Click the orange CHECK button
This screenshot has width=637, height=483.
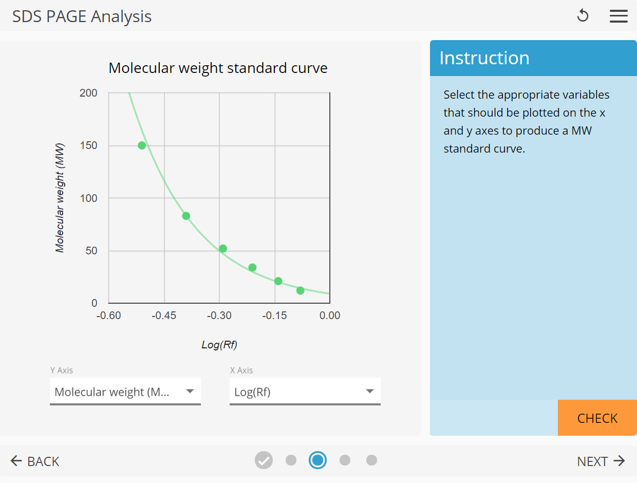coord(597,418)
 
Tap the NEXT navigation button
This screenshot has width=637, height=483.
coord(601,461)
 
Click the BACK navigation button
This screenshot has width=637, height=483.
coord(35,461)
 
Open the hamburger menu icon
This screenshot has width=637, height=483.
coord(619,16)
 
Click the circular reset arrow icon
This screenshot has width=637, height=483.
coord(583,16)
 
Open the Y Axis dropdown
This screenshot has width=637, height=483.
coord(125,392)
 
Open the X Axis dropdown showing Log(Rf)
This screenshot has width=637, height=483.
coord(305,392)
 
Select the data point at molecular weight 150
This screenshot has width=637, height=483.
coord(142,145)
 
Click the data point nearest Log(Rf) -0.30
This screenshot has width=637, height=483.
coord(223,249)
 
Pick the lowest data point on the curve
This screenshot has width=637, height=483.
coord(301,291)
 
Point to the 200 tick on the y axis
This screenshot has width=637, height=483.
coord(89,93)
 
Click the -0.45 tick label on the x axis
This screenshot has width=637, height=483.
coord(164,315)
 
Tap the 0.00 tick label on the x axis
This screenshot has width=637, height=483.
coord(329,315)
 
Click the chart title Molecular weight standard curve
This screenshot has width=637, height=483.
coord(218,68)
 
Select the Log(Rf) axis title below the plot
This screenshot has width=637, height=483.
coord(219,345)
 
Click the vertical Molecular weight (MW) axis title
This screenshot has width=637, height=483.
coord(60,198)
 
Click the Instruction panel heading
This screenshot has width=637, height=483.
coord(484,58)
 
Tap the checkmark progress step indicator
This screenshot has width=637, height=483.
coord(264,460)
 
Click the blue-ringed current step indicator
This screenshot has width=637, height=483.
coord(317,460)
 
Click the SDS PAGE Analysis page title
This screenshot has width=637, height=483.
coord(82,16)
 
